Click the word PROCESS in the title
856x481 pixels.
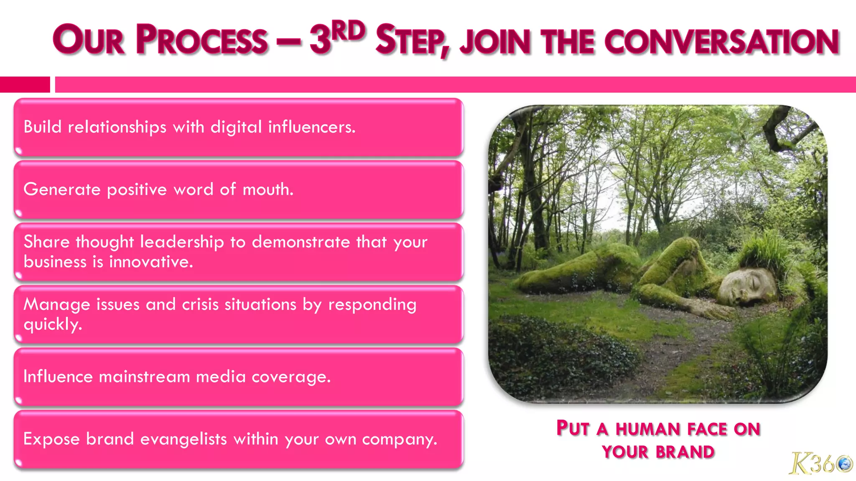tap(201, 40)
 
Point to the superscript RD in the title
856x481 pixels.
tap(350, 31)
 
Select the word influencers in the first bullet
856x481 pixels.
tap(311, 127)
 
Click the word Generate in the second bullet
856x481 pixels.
tap(62, 190)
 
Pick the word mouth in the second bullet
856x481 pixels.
tap(268, 190)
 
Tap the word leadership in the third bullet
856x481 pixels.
tap(182, 242)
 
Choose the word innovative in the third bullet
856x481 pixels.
tap(151, 262)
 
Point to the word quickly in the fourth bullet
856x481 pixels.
tap(53, 324)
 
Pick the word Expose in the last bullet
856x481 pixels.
tap(51, 439)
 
